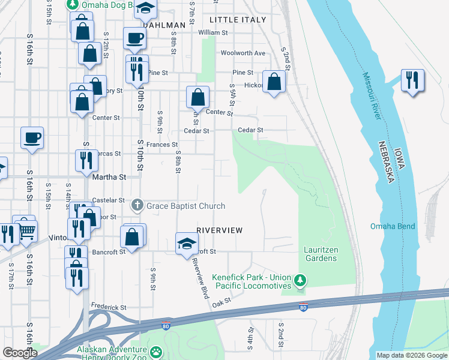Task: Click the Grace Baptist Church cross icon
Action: (137, 206)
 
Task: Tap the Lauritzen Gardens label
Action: (319, 254)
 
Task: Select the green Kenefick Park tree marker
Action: (300, 280)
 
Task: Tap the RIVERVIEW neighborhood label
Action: (220, 230)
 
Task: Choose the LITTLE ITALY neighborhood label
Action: (237, 20)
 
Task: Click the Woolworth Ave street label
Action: (243, 53)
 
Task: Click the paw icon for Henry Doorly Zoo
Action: (156, 352)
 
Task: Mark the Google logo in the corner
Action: (20, 353)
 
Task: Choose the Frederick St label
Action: (109, 307)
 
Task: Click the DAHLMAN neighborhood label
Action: (163, 25)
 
